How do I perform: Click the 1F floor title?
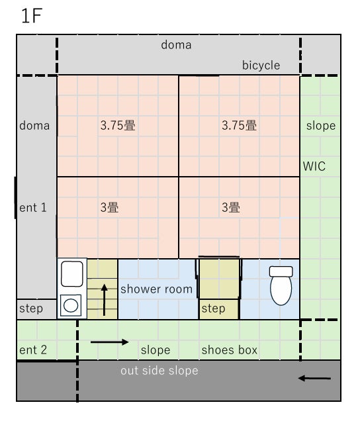[x=32, y=16]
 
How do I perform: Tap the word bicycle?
[x=261, y=66]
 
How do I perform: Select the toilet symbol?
[x=281, y=285]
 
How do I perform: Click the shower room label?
[x=156, y=289]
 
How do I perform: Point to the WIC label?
[x=314, y=166]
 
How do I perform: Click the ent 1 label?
[x=33, y=207]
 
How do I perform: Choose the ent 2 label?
[x=33, y=350]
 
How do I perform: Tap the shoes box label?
[x=230, y=350]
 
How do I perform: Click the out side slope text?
[x=159, y=371]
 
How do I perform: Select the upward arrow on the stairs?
[x=104, y=300]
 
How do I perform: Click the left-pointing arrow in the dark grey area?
[x=314, y=378]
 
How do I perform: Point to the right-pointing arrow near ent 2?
[x=109, y=342]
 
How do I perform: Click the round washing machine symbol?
[x=71, y=306]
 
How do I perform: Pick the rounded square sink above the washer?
[x=71, y=273]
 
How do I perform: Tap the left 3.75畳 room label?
[x=118, y=125]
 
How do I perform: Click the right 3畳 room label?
[x=231, y=207]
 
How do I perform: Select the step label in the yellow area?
[x=213, y=308]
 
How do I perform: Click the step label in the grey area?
[x=31, y=308]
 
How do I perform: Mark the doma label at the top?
[x=176, y=45]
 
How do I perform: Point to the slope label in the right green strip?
[x=321, y=126]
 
